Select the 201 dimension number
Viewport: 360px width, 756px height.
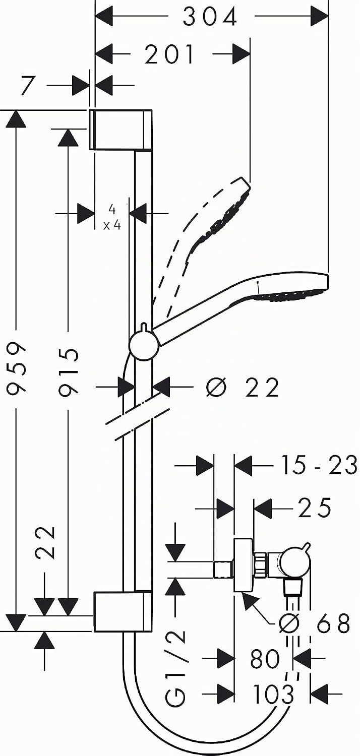point(170,54)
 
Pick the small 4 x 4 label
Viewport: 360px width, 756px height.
point(112,218)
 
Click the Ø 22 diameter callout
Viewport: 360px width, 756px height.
point(243,387)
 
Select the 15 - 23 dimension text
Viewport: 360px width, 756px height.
point(319,465)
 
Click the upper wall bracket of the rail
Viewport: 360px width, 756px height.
point(120,130)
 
